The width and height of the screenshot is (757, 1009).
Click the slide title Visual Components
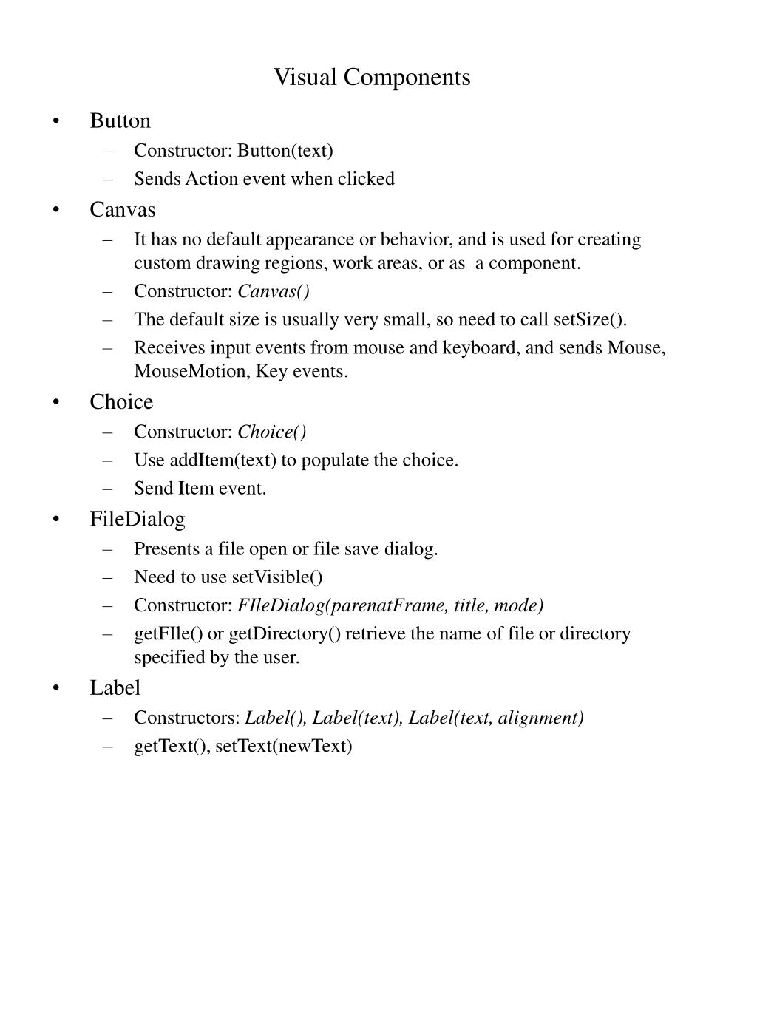point(372,77)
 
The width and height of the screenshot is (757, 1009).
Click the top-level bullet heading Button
point(120,120)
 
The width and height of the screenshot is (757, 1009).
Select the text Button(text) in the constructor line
point(285,151)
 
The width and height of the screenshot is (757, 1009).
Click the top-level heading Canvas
point(123,210)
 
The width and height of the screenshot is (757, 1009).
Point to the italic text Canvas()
point(274,291)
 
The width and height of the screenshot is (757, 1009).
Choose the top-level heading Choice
point(121,402)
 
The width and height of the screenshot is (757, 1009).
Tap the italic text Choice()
point(272,432)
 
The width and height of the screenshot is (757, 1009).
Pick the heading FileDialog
point(138,519)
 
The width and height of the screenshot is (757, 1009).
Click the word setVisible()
point(277,577)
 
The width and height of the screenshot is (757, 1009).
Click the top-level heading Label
point(115,687)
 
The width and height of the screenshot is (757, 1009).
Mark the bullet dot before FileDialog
point(56,520)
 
